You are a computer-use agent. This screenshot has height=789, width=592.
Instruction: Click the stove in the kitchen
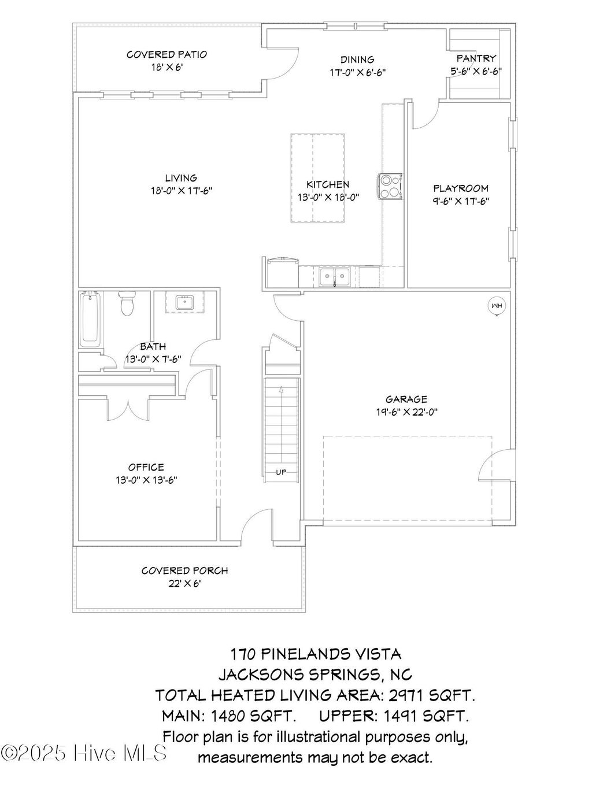pos(391,187)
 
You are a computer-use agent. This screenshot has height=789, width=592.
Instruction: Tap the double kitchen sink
pos(335,277)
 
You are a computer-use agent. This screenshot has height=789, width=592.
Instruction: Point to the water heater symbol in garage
pos(496,306)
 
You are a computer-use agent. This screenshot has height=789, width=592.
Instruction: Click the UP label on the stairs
pos(281,472)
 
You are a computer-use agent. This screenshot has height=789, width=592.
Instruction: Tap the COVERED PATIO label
pos(166,54)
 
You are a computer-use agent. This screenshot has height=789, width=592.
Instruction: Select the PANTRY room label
pos(476,58)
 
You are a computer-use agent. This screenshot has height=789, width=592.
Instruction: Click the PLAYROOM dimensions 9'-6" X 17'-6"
pos(461,201)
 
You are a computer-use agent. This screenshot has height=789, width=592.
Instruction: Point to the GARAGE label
pos(406,399)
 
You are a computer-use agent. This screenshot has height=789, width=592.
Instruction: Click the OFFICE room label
pos(146,467)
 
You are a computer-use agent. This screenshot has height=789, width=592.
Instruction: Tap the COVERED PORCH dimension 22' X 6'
pos(184,583)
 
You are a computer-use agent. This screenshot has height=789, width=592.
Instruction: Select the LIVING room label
pos(181,178)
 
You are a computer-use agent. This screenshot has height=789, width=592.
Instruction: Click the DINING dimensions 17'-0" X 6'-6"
pos(357,72)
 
